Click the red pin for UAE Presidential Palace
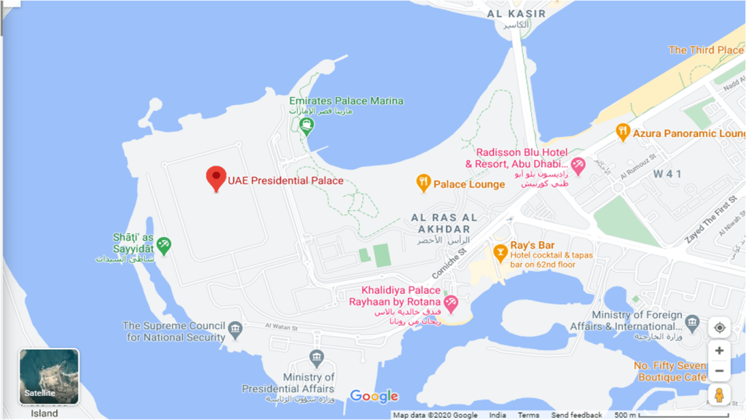[216, 178]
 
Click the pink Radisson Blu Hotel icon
[578, 166]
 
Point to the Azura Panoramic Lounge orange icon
[622, 133]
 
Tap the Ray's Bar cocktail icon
[500, 253]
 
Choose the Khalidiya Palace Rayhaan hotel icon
[451, 301]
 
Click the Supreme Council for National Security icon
[235, 330]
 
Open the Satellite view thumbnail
[49, 376]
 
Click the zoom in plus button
[719, 351]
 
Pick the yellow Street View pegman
[719, 394]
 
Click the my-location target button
[719, 327]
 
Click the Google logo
[374, 396]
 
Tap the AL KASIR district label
[517, 13]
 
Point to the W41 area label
[667, 174]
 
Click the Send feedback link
[576, 415]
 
